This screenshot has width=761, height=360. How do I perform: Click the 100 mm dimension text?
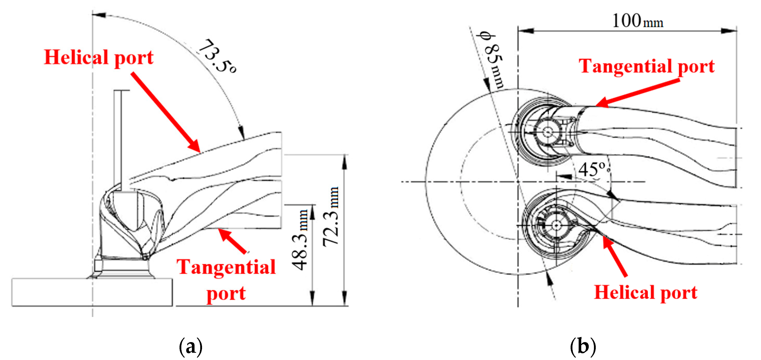coord(637,21)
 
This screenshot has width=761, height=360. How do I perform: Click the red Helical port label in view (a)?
coord(99,57)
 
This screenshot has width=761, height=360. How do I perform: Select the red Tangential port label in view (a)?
coord(226,279)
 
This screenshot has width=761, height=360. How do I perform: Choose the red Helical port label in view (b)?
coord(645,292)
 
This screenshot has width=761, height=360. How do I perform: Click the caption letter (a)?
coord(191,346)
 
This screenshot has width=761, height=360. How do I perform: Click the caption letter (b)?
coord(583,346)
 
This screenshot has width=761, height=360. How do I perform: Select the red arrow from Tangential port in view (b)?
coord(638,93)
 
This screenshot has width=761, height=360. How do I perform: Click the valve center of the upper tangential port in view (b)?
coord(547,132)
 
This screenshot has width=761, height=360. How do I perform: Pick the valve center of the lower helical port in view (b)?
coord(556,225)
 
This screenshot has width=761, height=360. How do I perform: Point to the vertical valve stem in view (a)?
coord(118,136)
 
